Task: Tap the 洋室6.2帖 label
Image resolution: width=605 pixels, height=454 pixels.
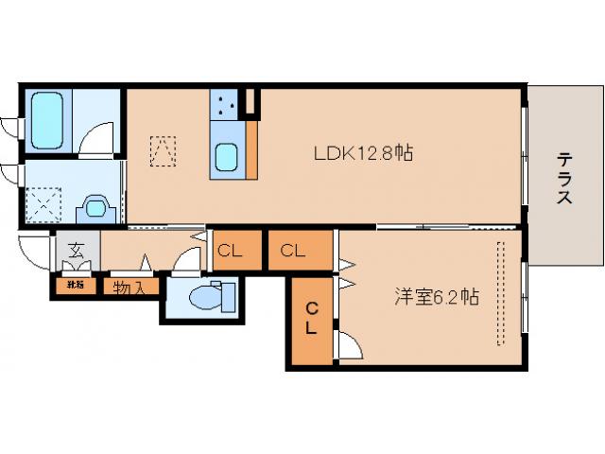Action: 436,297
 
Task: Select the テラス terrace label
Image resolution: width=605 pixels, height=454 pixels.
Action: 563,179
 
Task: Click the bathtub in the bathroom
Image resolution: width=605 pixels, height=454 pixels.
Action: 46,118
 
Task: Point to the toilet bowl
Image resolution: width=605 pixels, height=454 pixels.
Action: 204,298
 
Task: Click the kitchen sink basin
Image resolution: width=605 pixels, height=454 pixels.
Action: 227,157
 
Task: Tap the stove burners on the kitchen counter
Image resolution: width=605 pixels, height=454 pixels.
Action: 226,105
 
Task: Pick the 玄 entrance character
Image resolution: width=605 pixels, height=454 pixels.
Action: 76,252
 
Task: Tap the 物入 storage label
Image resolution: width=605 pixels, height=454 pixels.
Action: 130,287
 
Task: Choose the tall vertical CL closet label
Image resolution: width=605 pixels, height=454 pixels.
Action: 312,320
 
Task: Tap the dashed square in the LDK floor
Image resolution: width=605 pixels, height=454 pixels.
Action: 163,150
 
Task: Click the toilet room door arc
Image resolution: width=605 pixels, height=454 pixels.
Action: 189,260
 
